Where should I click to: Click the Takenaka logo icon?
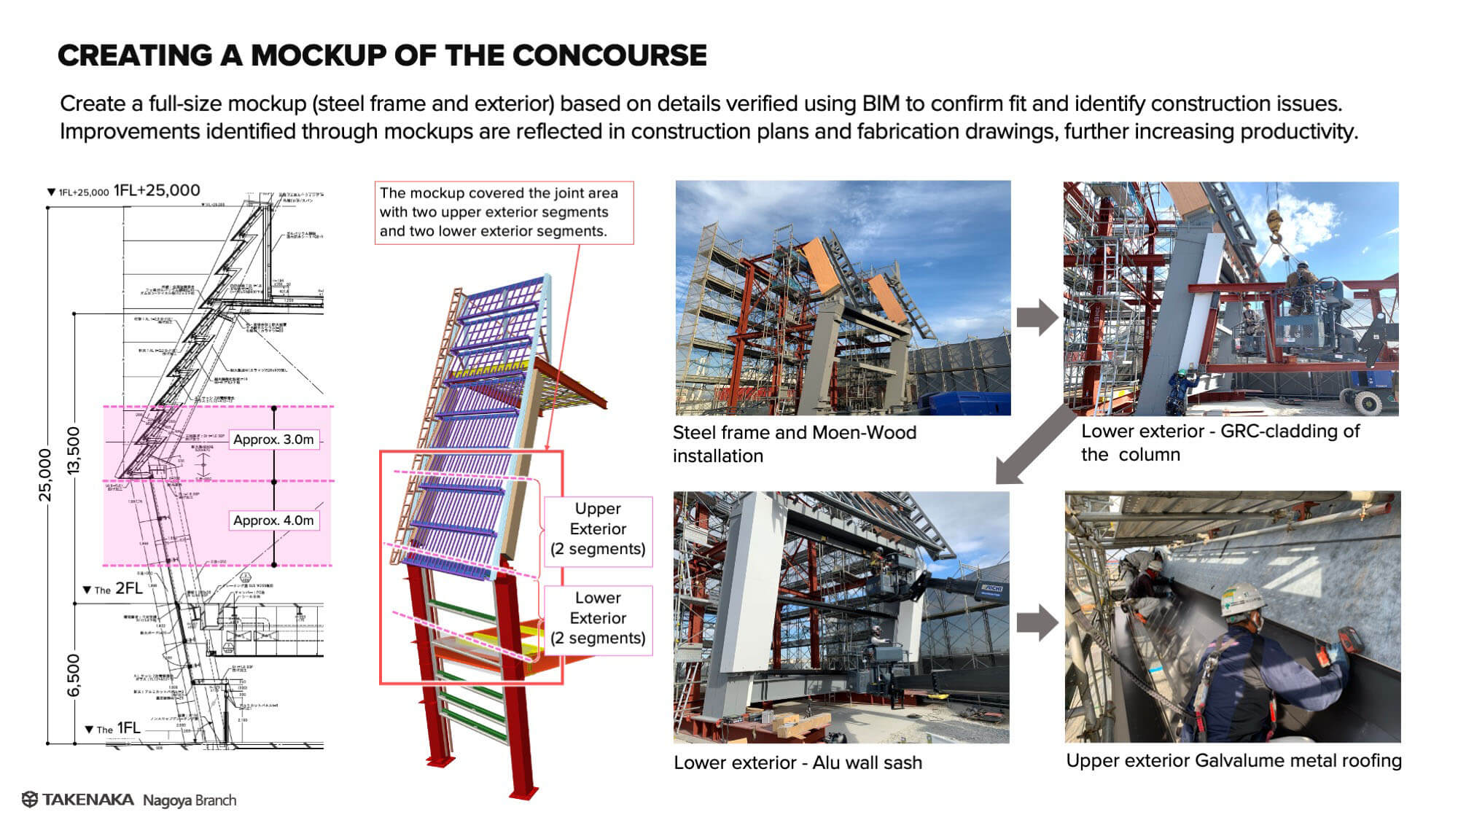[30, 800]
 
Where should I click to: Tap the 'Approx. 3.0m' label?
[273, 440]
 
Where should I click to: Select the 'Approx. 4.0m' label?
[273, 520]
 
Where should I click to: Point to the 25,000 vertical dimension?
[45, 475]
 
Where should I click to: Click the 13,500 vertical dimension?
[73, 450]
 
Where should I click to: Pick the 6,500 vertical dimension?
[73, 675]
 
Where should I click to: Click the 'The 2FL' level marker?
[114, 589]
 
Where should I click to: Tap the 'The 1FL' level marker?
[114, 728]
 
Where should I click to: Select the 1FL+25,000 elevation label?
[156, 191]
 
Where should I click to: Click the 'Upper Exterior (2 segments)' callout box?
[598, 529]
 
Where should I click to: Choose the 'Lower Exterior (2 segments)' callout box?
[598, 618]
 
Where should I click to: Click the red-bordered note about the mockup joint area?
[503, 212]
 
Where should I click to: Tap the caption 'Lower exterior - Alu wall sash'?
[798, 762]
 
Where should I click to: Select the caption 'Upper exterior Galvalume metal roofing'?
[1233, 760]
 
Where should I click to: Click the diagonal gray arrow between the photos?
[1034, 445]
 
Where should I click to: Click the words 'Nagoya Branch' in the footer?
[190, 800]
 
